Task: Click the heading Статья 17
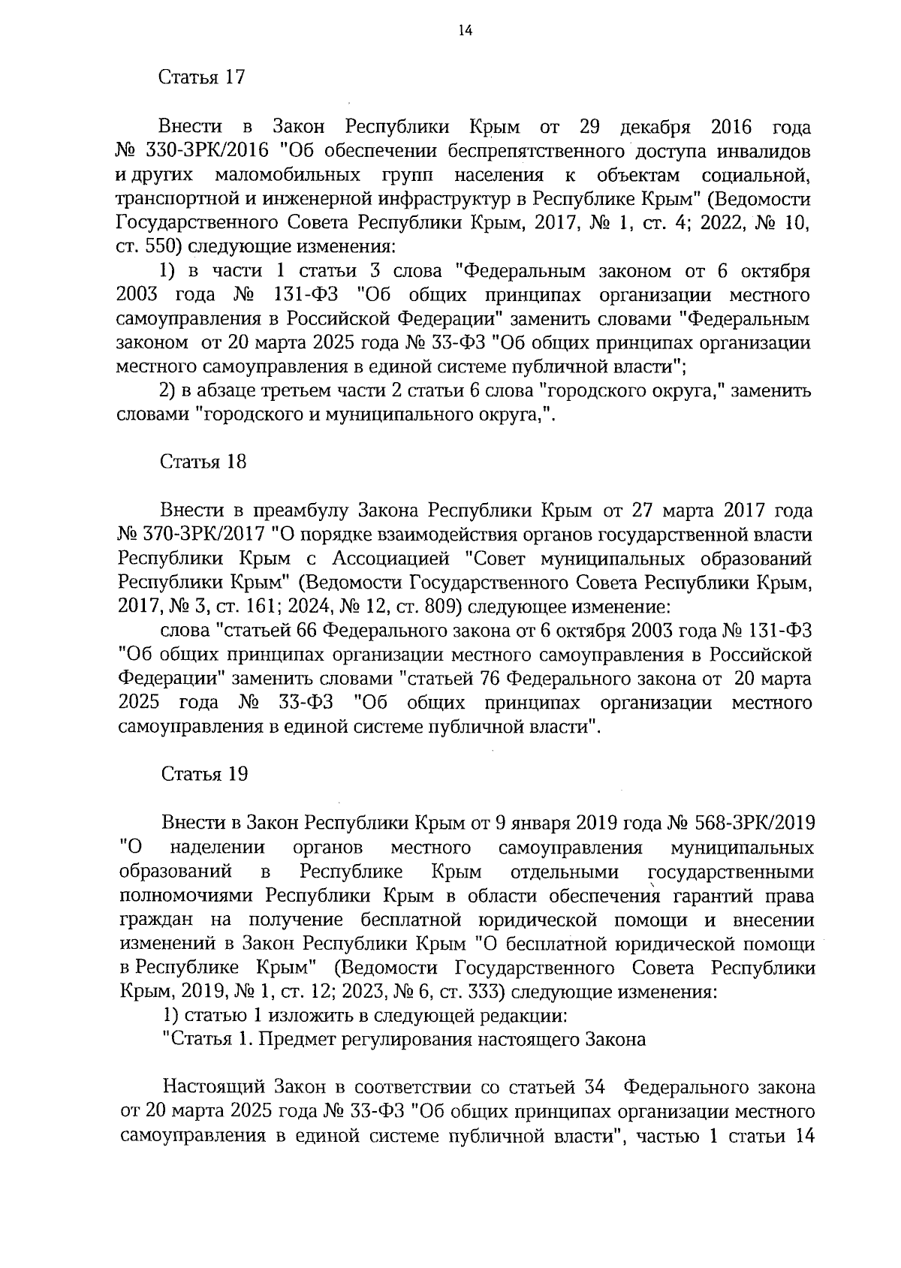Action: [202, 78]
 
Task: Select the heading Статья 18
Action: [203, 462]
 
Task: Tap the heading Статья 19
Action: [203, 775]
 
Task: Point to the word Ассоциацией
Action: [390, 559]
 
